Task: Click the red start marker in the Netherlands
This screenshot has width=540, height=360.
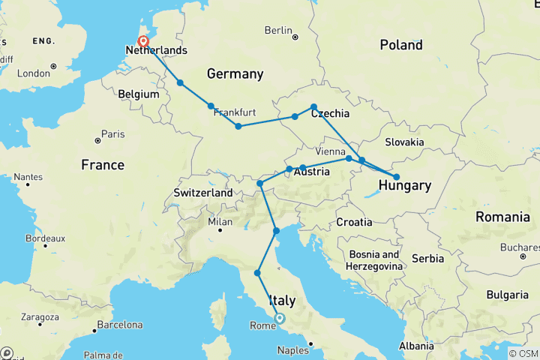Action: pos(142,43)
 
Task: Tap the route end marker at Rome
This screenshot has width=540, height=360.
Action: pos(280,318)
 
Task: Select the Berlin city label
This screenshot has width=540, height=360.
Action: pos(277,30)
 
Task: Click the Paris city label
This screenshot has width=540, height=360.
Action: pos(112,134)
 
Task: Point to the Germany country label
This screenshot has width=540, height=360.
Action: pos(235,73)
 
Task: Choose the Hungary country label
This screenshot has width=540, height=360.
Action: pos(404,186)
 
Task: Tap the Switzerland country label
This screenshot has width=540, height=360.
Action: pos(203,193)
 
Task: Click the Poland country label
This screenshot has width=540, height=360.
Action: pos(400,45)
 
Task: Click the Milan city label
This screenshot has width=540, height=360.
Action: pos(220,222)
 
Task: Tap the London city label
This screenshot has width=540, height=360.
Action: pos(33,73)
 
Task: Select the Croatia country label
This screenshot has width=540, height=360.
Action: pos(354,222)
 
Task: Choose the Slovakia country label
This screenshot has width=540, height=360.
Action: pos(405,142)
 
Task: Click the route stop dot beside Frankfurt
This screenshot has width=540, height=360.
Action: pos(211,106)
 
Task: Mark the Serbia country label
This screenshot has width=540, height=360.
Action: pos(427,258)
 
